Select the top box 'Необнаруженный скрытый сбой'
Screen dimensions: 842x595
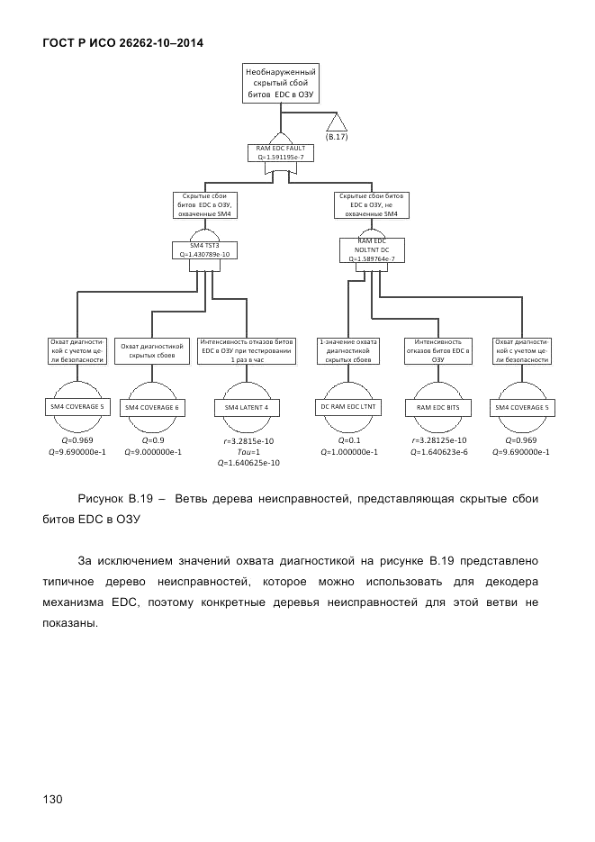[282, 82]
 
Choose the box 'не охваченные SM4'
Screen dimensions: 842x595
[371, 204]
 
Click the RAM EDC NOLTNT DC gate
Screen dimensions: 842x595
[371, 249]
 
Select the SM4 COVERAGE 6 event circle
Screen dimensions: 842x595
[151, 407]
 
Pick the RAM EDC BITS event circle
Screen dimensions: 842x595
[438, 407]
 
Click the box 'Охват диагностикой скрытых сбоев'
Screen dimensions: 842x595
[151, 350]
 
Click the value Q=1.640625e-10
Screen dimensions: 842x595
[248, 463]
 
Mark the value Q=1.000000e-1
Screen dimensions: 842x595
[350, 452]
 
